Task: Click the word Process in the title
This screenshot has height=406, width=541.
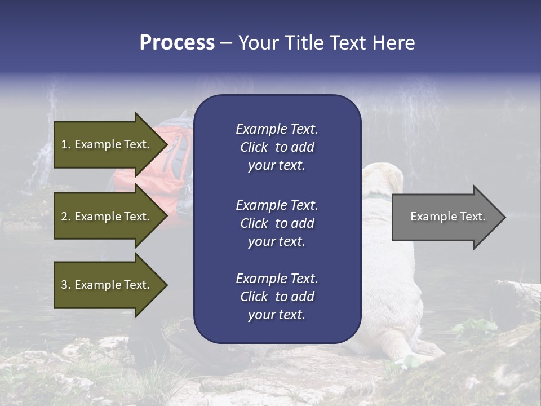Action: (177, 43)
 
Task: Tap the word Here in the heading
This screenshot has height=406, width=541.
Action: (393, 43)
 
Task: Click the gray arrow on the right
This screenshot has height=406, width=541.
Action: (445, 217)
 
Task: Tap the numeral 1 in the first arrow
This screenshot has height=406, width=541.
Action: (64, 145)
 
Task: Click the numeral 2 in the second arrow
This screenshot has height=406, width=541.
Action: (64, 217)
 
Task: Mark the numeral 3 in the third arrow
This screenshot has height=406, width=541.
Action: (64, 285)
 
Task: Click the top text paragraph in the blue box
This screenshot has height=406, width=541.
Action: (277, 147)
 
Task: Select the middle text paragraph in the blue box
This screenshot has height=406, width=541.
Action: (277, 223)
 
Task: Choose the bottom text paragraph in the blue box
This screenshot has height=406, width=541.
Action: (277, 297)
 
